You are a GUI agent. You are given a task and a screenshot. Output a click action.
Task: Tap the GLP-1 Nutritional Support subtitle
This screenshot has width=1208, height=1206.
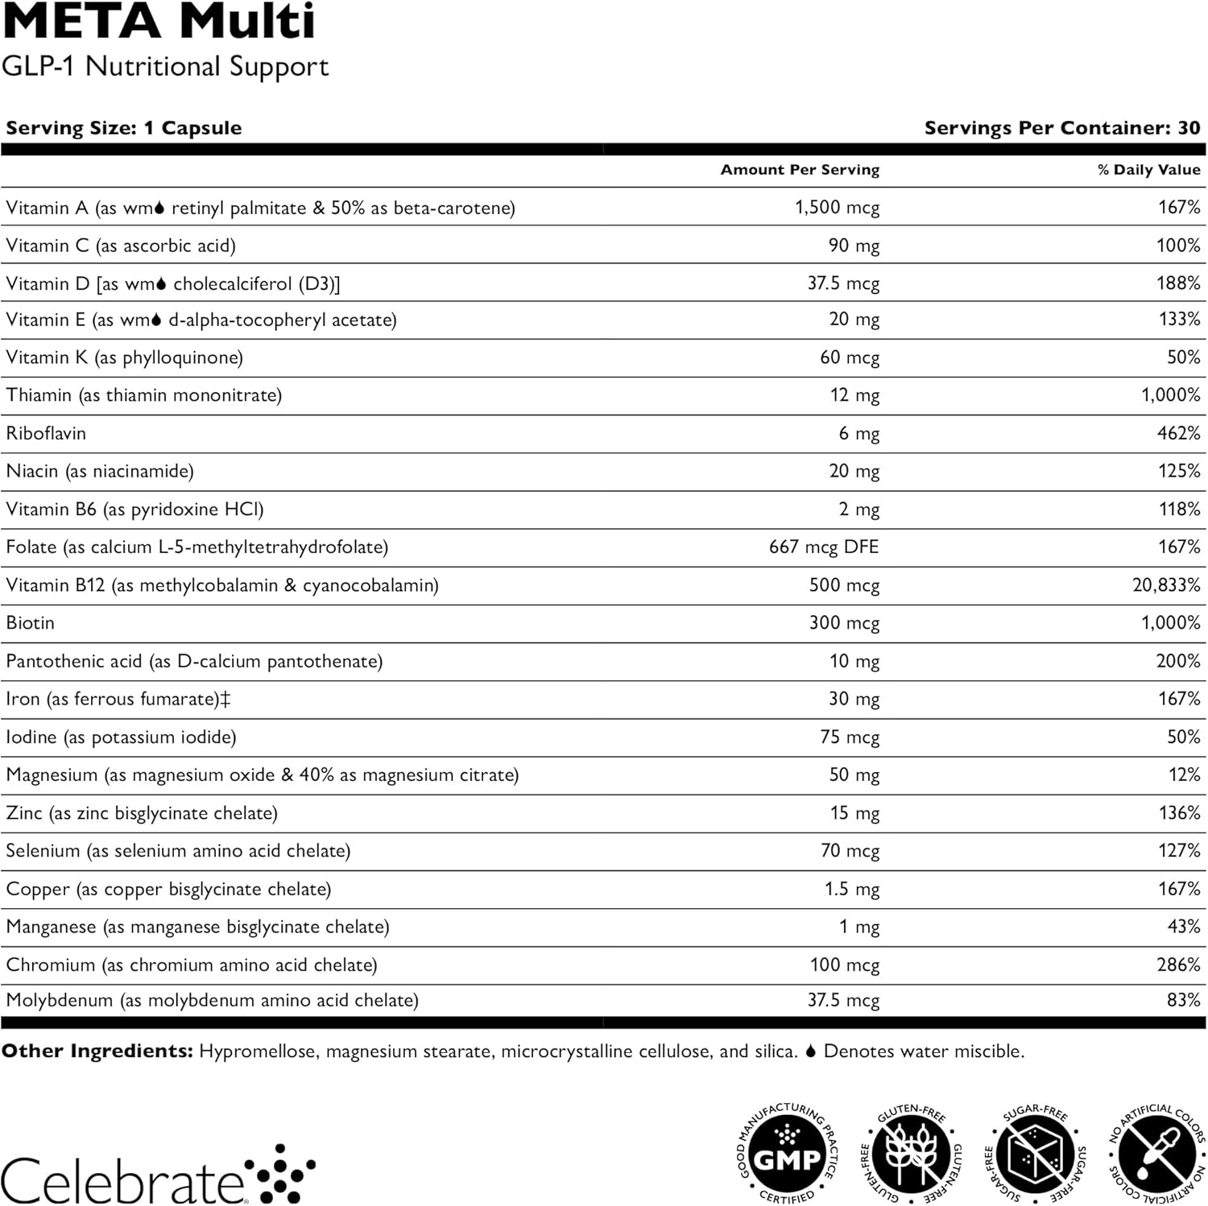(165, 66)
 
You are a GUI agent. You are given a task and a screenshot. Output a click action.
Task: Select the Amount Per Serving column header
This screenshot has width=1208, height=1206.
(800, 170)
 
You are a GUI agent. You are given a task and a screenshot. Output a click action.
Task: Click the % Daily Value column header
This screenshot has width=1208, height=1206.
(1148, 170)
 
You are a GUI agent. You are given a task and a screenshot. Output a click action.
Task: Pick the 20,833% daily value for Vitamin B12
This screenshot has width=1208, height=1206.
(1166, 585)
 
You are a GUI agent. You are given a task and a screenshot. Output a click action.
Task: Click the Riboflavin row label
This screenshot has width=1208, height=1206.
(46, 433)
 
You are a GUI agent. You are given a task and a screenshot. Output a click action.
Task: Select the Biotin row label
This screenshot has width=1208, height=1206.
(31, 623)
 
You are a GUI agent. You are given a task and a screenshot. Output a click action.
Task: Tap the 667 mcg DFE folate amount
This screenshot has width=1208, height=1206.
(824, 547)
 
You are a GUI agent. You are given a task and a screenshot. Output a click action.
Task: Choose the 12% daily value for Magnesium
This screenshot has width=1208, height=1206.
(1184, 774)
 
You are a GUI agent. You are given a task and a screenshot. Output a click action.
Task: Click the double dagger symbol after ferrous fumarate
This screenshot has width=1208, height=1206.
(225, 699)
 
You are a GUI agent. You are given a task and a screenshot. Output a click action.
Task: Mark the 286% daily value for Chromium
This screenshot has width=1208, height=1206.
(1178, 964)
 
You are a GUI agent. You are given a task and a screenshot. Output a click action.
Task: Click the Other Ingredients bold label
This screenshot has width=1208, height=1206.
(97, 1051)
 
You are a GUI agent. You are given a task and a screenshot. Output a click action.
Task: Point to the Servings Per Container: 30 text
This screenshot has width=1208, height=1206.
(1062, 128)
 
